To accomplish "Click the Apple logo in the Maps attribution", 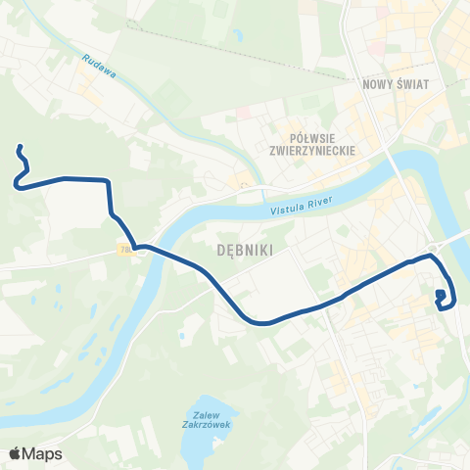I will tap(16, 453).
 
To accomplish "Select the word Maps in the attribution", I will tap(43, 453).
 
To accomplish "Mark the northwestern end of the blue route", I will tap(19, 148).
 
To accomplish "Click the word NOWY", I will tap(375, 84).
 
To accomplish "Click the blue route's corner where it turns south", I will tap(107, 181).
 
